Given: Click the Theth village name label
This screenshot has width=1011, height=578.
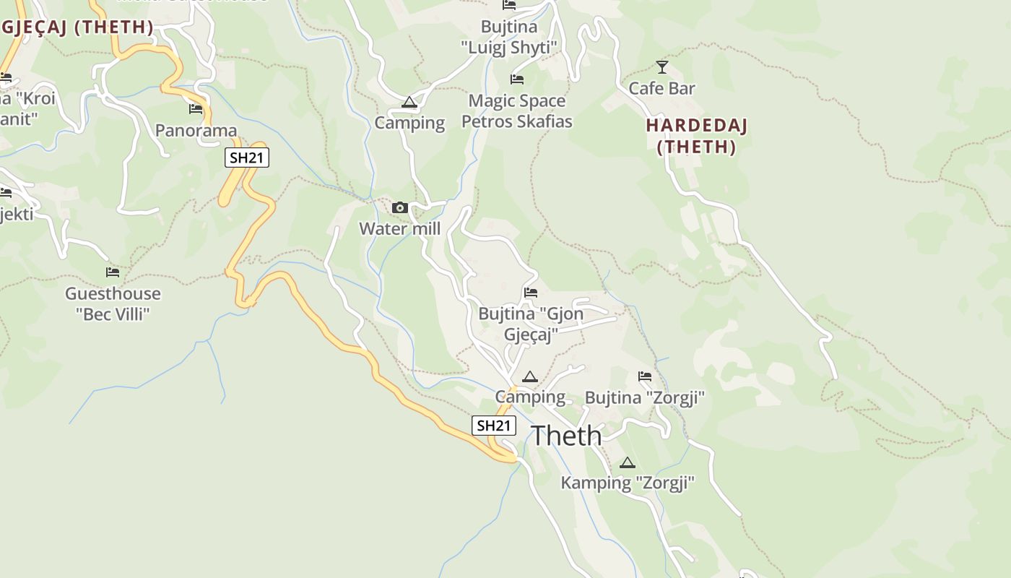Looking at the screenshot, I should pyautogui.click(x=566, y=436).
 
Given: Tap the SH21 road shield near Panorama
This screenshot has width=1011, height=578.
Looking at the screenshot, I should pyautogui.click(x=247, y=158).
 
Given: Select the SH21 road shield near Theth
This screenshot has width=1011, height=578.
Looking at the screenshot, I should pyautogui.click(x=494, y=426).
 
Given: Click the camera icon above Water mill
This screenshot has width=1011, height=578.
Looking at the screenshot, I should pyautogui.click(x=399, y=208).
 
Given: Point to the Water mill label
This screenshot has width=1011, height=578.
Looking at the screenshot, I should pyautogui.click(x=399, y=229).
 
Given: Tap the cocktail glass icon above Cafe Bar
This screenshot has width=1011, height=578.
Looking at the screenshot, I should pyautogui.click(x=661, y=67).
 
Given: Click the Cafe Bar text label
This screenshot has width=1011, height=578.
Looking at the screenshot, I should pyautogui.click(x=661, y=89).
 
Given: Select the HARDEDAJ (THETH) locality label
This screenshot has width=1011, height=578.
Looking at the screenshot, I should pyautogui.click(x=696, y=136).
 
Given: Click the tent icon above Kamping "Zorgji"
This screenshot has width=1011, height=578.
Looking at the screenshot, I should pyautogui.click(x=628, y=462).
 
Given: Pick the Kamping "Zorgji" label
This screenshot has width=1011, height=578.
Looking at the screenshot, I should pyautogui.click(x=628, y=483).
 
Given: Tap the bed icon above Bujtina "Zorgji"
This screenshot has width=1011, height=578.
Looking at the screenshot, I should pyautogui.click(x=644, y=376).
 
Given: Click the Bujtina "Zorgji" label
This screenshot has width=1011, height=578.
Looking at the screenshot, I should pyautogui.click(x=644, y=398).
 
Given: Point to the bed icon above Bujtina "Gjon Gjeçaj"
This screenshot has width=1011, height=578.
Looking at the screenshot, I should pyautogui.click(x=531, y=293).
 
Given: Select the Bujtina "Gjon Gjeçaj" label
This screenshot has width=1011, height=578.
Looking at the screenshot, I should pyautogui.click(x=531, y=324).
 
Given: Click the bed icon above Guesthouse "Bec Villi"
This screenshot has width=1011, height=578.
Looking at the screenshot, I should pyautogui.click(x=113, y=272).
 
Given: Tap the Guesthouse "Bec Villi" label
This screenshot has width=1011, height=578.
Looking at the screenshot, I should pyautogui.click(x=113, y=303).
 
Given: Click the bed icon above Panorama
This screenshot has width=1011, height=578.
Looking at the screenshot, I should pyautogui.click(x=196, y=109).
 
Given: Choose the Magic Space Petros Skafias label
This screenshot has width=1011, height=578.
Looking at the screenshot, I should pyautogui.click(x=517, y=111).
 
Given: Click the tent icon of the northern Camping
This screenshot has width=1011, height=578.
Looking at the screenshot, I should pyautogui.click(x=409, y=103).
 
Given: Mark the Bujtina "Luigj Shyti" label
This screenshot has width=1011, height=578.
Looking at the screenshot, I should pyautogui.click(x=510, y=38).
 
